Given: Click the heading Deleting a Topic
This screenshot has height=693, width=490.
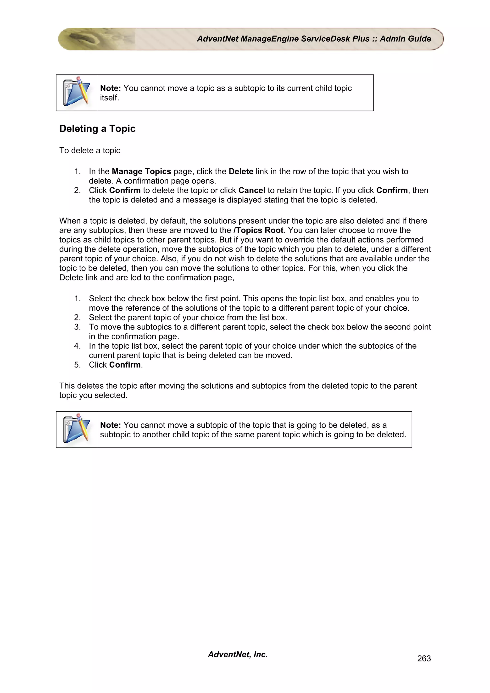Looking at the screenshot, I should tap(97, 129).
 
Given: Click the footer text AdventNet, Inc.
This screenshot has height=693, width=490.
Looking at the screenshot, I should tap(238, 654).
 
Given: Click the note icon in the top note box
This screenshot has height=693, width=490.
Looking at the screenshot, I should tap(76, 93).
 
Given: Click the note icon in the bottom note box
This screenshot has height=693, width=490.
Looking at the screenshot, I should tap(76, 429).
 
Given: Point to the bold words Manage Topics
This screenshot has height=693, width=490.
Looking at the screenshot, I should tap(141, 171).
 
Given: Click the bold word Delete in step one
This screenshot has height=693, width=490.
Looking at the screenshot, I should tap(241, 171).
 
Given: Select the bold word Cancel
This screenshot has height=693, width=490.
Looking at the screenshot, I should tap(252, 190).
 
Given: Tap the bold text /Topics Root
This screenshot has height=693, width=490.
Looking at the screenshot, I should tap(258, 230).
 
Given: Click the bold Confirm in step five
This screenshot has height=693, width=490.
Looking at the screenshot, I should tap(125, 365).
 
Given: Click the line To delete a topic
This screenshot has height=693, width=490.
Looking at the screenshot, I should tap(90, 150).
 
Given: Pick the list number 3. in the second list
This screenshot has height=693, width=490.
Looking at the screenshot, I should tap(78, 327).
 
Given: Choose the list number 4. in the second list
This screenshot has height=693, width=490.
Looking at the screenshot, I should tap(78, 346).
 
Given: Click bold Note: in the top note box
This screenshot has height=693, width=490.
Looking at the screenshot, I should tap(111, 88).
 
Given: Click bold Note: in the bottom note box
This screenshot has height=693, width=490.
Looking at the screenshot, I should tap(111, 425).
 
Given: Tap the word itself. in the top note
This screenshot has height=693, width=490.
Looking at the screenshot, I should tap(110, 98).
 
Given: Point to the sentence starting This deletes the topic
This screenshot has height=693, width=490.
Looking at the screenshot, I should tap(238, 386).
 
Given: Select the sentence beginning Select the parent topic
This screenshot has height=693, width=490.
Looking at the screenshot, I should tap(188, 318).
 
